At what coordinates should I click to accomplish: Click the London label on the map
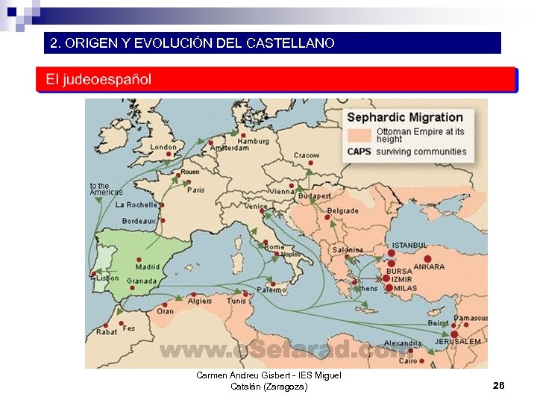[163, 147]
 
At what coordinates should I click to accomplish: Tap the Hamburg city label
[253, 141]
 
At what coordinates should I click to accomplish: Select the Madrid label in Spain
[148, 266]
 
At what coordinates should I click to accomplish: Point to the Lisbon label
[107, 278]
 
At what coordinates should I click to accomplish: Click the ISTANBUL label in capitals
[410, 245]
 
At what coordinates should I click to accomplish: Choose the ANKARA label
[429, 266]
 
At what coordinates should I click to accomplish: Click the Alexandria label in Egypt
[403, 343]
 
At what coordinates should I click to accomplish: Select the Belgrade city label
[343, 211]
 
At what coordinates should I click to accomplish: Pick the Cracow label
[307, 155]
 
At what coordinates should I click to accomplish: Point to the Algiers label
[200, 301]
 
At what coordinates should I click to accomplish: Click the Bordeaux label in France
[139, 221]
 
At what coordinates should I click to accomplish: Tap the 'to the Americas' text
[105, 189]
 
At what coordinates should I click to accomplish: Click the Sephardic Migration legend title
[405, 117]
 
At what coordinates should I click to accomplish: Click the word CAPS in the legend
[359, 151]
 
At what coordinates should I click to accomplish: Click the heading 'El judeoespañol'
[98, 79]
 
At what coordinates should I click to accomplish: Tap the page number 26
[499, 385]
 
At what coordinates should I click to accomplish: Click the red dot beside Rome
[263, 240]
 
